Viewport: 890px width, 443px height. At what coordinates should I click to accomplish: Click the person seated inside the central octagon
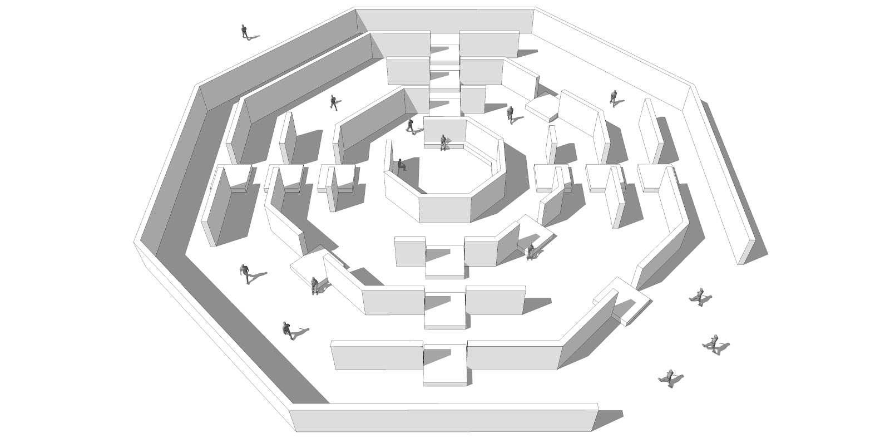coord(400,165)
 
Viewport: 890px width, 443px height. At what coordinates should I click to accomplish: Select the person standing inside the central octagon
coord(443,142)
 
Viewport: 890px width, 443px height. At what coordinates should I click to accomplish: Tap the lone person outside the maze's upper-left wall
coord(244,31)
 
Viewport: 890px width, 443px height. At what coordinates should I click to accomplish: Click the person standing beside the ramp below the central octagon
coord(531,252)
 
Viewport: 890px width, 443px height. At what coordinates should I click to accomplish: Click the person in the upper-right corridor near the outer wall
coord(614,98)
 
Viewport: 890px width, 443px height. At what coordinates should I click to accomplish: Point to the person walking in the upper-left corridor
coord(334,102)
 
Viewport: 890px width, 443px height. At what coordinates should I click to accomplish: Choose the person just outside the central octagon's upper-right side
coord(510,114)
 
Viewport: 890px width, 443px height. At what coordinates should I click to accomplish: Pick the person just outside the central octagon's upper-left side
coord(411,126)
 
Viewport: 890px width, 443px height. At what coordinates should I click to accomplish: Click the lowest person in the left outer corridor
coord(287,330)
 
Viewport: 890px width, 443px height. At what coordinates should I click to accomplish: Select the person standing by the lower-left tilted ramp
coord(315,286)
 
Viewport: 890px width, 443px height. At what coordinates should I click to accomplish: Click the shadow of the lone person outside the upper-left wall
coord(253,38)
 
